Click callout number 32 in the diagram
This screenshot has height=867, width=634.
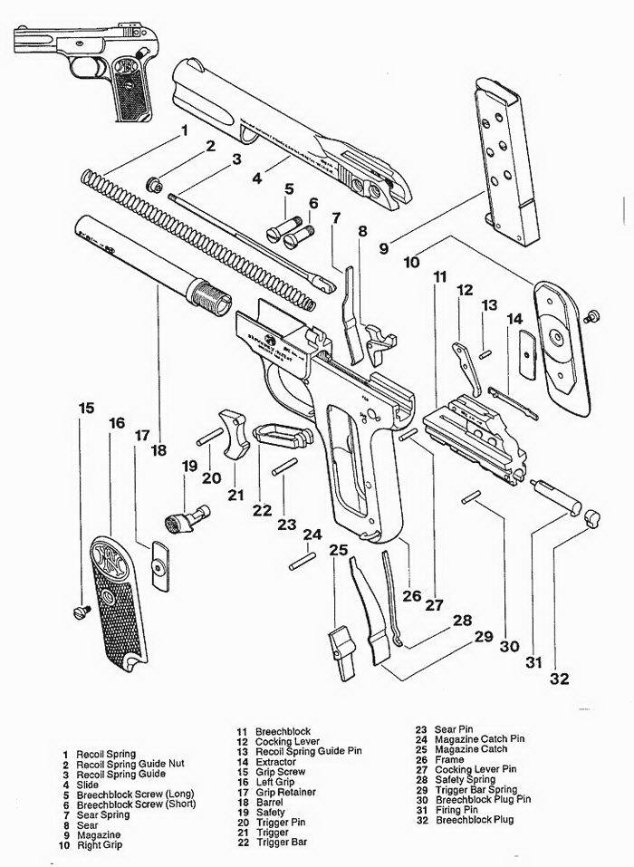point(559,679)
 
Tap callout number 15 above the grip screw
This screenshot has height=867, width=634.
point(86,408)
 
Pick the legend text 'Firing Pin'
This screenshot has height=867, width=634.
point(460,809)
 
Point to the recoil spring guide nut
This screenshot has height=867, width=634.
point(155,185)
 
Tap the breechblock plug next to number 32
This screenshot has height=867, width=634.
point(592,519)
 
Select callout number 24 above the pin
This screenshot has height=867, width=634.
point(312,535)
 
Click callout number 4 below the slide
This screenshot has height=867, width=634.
point(257,178)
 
